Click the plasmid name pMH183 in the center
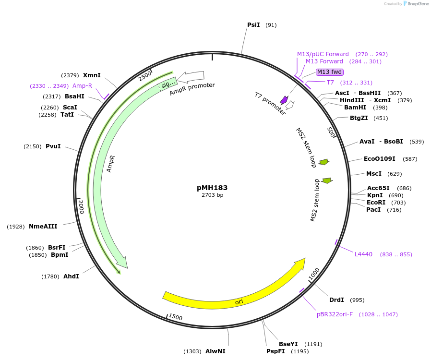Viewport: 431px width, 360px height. coord(212,188)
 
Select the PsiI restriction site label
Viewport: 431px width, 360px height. coord(253,24)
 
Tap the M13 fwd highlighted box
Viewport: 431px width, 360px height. coord(330,72)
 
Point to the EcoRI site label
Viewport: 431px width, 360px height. coord(376,203)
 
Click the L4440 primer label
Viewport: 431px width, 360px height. coord(363,254)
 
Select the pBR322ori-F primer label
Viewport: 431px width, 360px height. coord(335,314)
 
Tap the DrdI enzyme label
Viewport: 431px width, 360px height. coord(336,300)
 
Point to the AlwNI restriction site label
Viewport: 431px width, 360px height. coord(215,351)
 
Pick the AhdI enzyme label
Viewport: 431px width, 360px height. coord(71,276)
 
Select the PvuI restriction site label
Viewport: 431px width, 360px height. coord(53,146)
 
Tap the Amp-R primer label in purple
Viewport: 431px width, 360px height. coord(82,86)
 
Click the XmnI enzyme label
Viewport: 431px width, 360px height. coord(92,75)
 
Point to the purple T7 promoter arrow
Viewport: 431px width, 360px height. coord(284,100)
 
